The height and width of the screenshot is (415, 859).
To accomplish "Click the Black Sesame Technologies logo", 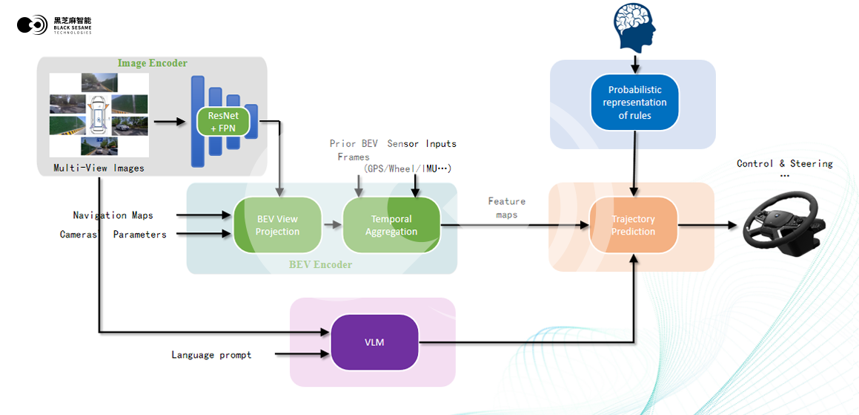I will pos(54,24).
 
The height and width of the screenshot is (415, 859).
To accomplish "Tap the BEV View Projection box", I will pos(277,225).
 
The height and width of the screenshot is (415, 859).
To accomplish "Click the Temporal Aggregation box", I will pos(391,225).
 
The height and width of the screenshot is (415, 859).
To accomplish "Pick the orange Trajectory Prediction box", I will pos(633,225).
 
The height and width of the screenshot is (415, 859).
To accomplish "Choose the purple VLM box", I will pos(374,342).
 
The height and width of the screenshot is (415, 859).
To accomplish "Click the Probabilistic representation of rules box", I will pos(634,102).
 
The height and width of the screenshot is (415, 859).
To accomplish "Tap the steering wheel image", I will pos(784,223).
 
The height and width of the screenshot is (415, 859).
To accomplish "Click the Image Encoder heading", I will pos(153,64).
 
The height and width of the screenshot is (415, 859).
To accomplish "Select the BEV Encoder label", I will pos(321,264).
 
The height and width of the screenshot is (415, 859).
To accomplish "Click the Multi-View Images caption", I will pos(99,168).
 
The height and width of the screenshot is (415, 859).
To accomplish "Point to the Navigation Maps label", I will pos(113,215).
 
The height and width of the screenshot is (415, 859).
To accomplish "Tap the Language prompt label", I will pos(211,355).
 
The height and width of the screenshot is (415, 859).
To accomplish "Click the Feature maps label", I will pos(506,208).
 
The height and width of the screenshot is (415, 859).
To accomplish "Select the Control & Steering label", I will pos(784,163).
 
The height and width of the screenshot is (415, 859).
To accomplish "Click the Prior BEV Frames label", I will pos(354,150).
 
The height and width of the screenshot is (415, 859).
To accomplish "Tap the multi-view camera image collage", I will pos(99,115).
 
